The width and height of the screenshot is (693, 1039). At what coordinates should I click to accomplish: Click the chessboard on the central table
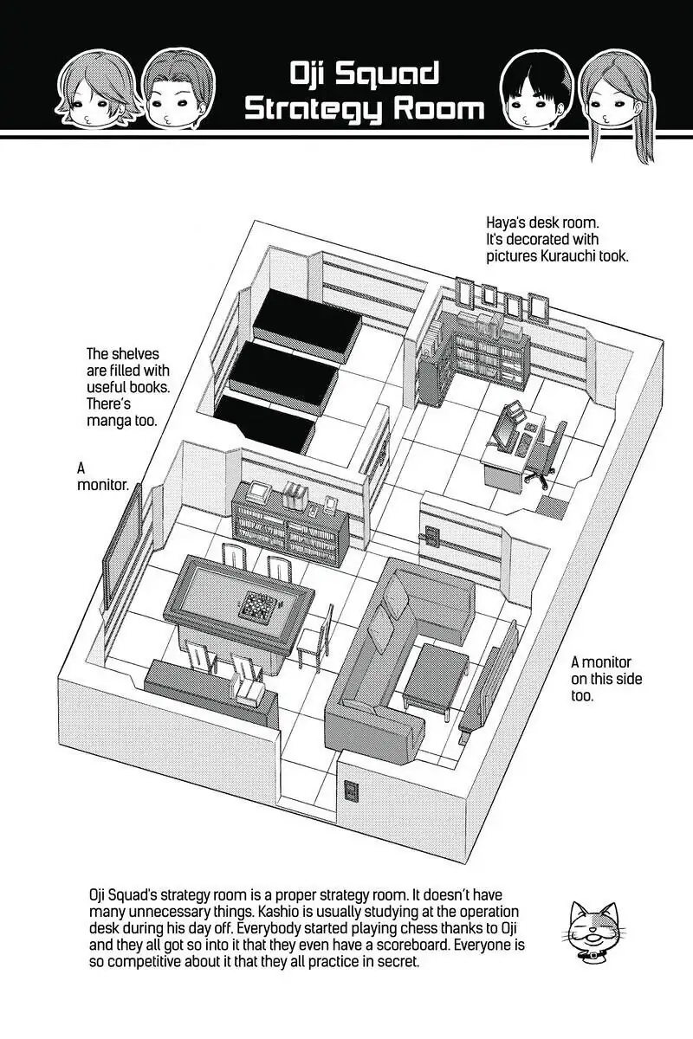[x=257, y=604]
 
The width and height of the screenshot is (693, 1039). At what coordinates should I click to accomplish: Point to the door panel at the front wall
[x=352, y=791]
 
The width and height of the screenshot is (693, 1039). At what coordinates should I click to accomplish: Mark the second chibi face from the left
[x=166, y=89]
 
